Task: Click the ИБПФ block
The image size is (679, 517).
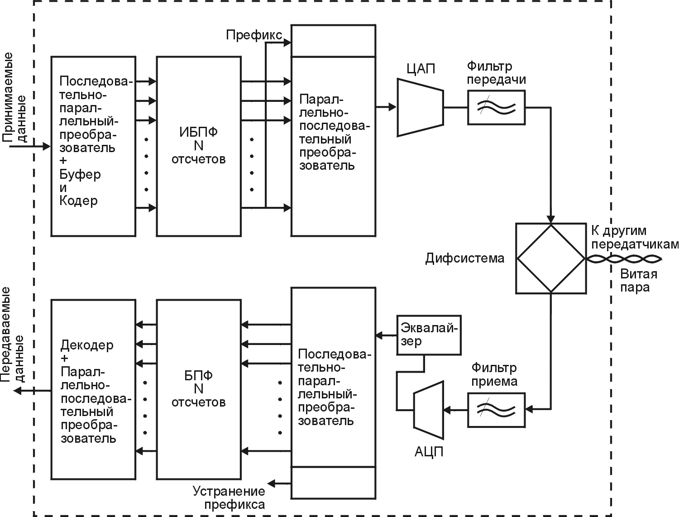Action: pyautogui.click(x=198, y=146)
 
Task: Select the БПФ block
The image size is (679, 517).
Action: pyautogui.click(x=198, y=389)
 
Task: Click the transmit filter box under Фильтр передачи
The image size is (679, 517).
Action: pyautogui.click(x=496, y=107)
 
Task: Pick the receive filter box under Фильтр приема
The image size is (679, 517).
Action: pyautogui.click(x=496, y=410)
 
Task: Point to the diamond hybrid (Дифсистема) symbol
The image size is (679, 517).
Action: pyautogui.click(x=551, y=258)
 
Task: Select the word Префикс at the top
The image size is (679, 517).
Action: pyautogui.click(x=254, y=35)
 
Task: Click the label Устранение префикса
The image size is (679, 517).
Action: pyautogui.click(x=229, y=498)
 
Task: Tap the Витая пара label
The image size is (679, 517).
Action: pyautogui.click(x=638, y=281)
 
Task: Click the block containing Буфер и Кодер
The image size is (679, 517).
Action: pyautogui.click(x=93, y=146)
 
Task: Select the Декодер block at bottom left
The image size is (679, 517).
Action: pyautogui.click(x=93, y=389)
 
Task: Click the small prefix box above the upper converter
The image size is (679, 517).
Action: pyautogui.click(x=333, y=41)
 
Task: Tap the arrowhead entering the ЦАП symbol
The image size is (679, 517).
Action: pyautogui.click(x=393, y=107)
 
